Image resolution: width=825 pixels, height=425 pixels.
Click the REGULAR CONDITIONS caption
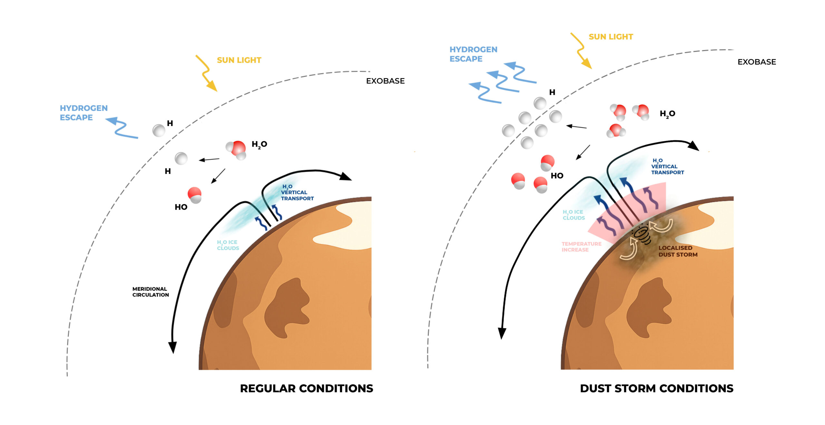(x=306, y=388)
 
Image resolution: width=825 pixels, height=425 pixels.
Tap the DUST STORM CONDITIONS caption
(x=656, y=388)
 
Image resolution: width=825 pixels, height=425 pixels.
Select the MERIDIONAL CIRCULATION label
(x=150, y=292)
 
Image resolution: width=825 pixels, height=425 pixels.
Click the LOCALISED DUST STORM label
(x=678, y=251)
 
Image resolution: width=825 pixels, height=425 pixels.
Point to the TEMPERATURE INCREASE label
(x=581, y=247)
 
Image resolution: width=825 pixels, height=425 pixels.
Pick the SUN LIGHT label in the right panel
(x=611, y=37)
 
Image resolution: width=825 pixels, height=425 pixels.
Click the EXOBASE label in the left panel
(x=385, y=81)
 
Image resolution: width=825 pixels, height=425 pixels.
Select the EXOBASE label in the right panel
(x=757, y=62)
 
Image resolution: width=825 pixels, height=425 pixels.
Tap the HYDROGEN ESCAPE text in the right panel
(x=473, y=54)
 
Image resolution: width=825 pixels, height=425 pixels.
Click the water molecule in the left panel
(x=237, y=149)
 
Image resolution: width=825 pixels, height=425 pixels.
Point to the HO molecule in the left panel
(x=195, y=195)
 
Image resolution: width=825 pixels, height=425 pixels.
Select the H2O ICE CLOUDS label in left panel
(x=228, y=245)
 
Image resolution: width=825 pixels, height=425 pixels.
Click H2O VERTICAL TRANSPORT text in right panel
(x=667, y=166)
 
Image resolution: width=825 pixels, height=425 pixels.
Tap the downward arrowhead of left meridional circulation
(x=173, y=347)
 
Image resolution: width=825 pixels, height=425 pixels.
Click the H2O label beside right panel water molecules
(x=667, y=114)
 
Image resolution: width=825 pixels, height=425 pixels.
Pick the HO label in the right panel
(x=557, y=176)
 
